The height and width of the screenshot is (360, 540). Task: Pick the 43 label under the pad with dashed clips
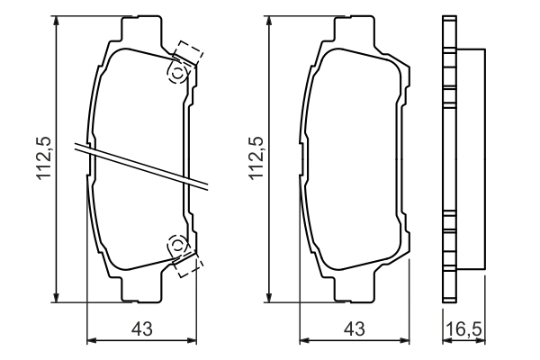coord(141,330)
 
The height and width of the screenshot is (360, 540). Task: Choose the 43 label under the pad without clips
coord(355,330)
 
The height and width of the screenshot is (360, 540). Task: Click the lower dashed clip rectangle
coord(189,262)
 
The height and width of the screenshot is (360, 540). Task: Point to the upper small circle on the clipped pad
coord(177,73)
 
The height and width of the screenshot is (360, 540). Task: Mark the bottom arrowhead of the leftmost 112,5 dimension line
coord(58,297)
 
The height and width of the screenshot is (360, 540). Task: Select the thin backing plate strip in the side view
coord(448,158)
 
